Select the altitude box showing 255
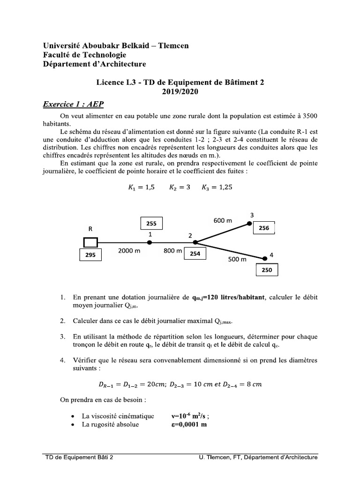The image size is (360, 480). (151, 224)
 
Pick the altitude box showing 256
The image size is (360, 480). (264, 228)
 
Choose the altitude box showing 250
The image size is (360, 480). (267, 270)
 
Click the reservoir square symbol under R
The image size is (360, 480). (90, 242)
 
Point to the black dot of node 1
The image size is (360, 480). (150, 242)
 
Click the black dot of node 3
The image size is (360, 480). (249, 224)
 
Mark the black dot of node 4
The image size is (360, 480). (265, 257)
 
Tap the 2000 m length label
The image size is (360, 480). (129, 251)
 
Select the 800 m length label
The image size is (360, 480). (172, 251)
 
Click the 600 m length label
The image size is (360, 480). (223, 220)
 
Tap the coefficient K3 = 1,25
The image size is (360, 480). (217, 187)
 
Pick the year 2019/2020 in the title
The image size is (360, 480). (180, 91)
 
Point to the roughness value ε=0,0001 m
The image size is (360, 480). (189, 425)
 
